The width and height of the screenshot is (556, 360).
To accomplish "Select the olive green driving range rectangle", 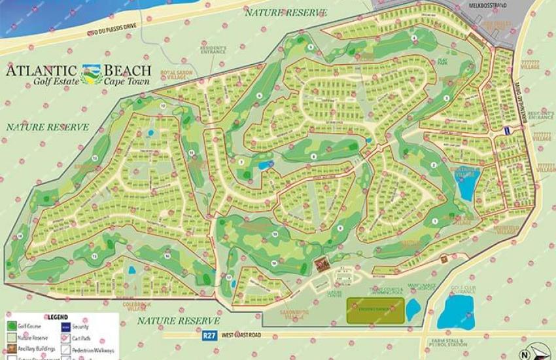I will click(374, 306).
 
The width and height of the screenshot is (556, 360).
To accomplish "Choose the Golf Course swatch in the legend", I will click(12, 326).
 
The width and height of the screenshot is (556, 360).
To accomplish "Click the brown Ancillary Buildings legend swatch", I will click(12, 349).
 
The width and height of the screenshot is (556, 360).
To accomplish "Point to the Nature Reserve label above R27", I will click(179, 321).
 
